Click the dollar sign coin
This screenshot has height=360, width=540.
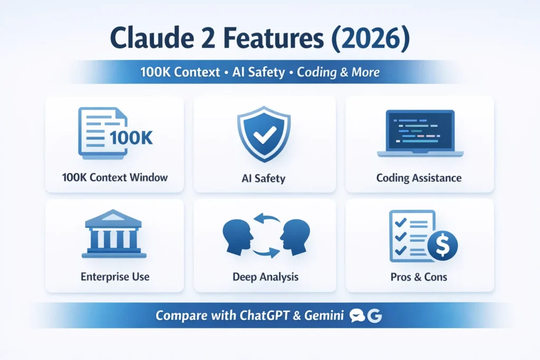click(x=442, y=245)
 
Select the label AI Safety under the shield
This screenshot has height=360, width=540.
click(x=262, y=178)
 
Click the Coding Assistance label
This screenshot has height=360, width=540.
click(x=419, y=178)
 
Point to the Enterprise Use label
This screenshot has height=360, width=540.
click(x=115, y=276)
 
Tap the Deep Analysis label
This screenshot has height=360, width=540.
click(x=265, y=277)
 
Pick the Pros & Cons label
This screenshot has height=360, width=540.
click(x=418, y=277)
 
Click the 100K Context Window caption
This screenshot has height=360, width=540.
click(x=114, y=178)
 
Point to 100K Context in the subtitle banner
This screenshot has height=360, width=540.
click(x=180, y=72)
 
